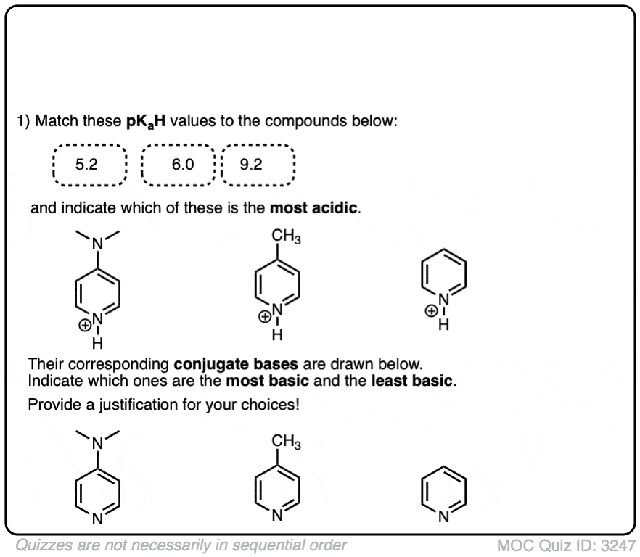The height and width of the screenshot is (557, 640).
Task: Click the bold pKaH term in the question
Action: [146, 122]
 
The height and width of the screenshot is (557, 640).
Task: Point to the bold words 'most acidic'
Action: [314, 208]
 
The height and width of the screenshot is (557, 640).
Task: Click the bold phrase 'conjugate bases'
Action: [236, 364]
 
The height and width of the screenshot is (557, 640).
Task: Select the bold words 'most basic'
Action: [267, 381]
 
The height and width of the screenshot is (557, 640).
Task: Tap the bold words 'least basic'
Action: [412, 381]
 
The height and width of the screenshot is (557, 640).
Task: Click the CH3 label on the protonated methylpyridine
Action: [286, 236]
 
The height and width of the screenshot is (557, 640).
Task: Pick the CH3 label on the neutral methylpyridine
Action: [286, 441]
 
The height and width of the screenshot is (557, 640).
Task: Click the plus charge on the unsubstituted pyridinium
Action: [431, 311]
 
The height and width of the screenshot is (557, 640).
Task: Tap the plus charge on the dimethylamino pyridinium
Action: [85, 326]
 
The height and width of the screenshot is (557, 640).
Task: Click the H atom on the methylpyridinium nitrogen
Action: [277, 335]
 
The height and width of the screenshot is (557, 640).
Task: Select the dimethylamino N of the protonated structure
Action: [97, 244]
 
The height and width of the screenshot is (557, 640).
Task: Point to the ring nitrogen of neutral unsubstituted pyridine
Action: [443, 517]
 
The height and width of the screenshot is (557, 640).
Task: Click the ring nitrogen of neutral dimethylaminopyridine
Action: [97, 519]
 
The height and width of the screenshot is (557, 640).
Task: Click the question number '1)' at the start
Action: [23, 121]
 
